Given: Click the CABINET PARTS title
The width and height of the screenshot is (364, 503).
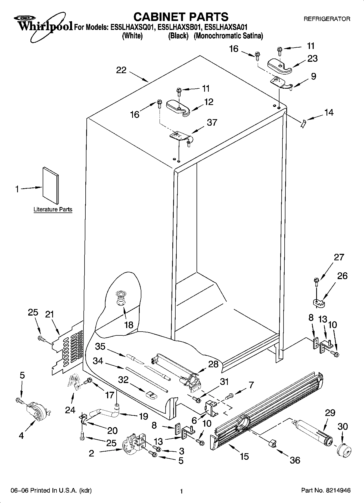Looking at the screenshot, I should point(181,17).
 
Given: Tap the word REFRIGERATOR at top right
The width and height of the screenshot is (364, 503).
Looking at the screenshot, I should point(327,19).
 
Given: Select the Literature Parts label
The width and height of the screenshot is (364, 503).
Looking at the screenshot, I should point(53,209).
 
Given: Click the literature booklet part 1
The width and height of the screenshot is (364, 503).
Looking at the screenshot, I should point(51,186).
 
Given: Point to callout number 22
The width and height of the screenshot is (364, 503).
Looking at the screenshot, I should point(121,70).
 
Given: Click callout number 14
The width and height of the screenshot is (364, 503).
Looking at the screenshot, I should point(329,112).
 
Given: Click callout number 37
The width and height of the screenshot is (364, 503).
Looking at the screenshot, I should point(212,122).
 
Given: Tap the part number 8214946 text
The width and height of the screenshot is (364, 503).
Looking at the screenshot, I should point(337,490).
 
